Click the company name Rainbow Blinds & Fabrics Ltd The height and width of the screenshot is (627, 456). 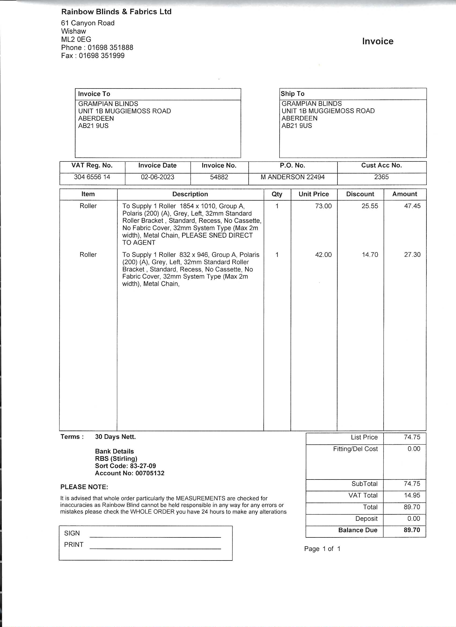point(116,12)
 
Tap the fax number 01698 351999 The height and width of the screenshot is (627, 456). point(101,56)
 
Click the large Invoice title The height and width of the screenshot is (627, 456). point(377,41)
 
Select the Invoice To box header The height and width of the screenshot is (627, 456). point(94,94)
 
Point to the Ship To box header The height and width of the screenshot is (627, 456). point(292,93)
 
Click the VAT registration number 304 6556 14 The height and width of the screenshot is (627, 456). point(92,177)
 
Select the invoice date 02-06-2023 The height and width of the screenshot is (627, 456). point(157,177)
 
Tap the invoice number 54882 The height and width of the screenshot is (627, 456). point(219,177)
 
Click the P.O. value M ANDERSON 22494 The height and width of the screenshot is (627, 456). point(293,177)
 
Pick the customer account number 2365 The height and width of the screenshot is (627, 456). point(381,177)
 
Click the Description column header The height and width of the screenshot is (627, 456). point(190,194)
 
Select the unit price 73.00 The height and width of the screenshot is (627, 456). point(323,206)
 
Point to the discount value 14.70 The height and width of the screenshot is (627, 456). point(370,255)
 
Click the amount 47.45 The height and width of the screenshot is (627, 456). point(412,206)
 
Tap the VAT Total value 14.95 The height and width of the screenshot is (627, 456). point(412,495)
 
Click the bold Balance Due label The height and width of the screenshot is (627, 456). point(358,530)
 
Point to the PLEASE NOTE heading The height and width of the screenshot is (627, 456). point(84,487)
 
